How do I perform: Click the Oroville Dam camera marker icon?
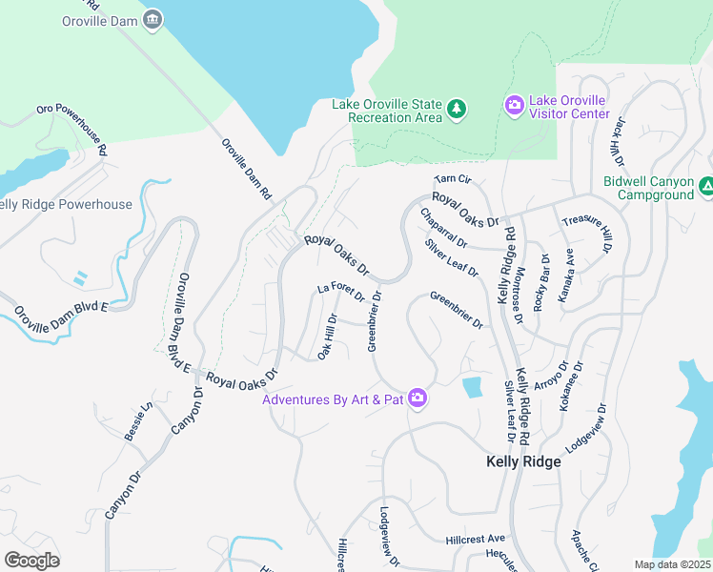pyautogui.click(x=153, y=20)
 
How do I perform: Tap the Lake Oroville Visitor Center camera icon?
pyautogui.click(x=515, y=105)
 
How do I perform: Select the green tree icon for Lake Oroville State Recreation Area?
pyautogui.click(x=457, y=109)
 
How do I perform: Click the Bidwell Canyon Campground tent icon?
pyautogui.click(x=706, y=187)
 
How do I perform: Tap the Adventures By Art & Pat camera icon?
pyautogui.click(x=417, y=398)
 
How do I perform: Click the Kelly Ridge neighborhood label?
pyautogui.click(x=523, y=461)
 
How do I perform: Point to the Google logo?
pyautogui.click(x=31, y=560)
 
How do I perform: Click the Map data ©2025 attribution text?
pyautogui.click(x=672, y=564)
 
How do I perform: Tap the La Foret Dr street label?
pyautogui.click(x=341, y=290)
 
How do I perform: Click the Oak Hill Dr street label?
pyautogui.click(x=327, y=337)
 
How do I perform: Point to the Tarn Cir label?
pyautogui.click(x=453, y=178)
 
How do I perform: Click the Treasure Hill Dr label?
pyautogui.click(x=584, y=234)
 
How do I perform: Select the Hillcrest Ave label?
pyautogui.click(x=474, y=539)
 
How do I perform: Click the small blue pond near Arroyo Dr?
pyautogui.click(x=471, y=387)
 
